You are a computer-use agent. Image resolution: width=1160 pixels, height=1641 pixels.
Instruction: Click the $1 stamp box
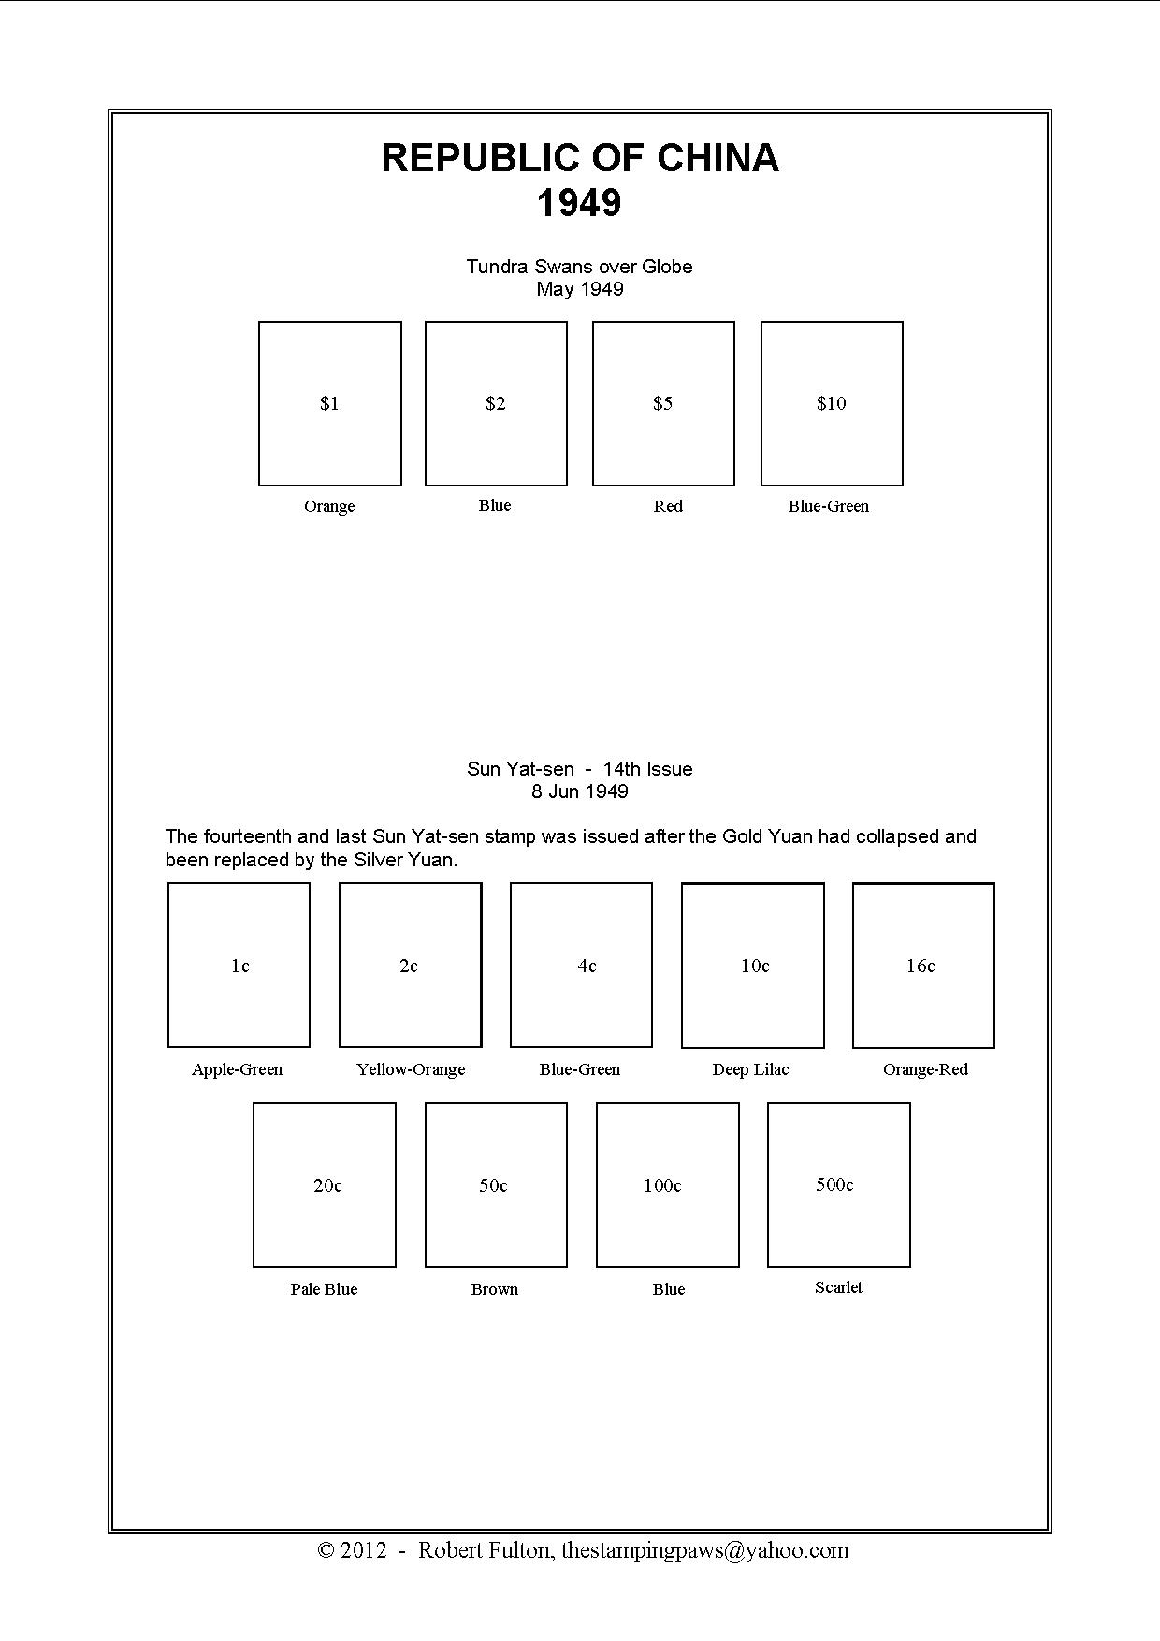click(x=330, y=403)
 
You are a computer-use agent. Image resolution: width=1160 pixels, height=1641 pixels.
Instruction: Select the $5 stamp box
click(x=663, y=403)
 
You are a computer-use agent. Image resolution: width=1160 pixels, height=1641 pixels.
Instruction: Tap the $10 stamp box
click(x=832, y=403)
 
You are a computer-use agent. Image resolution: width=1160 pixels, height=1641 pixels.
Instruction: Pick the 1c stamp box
click(x=239, y=965)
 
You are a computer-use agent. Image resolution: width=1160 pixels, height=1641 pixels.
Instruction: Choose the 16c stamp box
click(x=923, y=965)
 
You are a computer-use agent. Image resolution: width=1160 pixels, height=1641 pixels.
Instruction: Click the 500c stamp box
click(x=839, y=1184)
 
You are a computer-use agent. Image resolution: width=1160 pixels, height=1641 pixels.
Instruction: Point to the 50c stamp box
click(x=496, y=1184)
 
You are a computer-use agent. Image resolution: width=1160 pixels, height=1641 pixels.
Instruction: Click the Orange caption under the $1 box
click(x=329, y=506)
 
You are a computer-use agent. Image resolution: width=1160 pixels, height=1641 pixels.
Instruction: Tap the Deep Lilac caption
click(x=750, y=1069)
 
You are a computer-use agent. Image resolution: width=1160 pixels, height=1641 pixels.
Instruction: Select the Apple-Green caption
click(x=237, y=1069)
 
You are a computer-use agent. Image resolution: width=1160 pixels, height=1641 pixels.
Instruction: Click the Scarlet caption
click(x=838, y=1287)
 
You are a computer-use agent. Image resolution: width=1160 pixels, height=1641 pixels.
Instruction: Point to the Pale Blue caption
click(x=324, y=1289)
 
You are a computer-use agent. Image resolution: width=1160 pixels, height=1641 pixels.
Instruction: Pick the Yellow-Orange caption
click(x=411, y=1069)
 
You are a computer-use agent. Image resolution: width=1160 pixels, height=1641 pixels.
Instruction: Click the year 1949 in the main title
click(x=579, y=203)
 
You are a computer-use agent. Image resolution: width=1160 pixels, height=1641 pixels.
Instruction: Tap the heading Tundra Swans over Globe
click(x=579, y=267)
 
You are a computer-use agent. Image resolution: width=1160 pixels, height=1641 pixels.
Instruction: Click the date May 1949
click(x=579, y=289)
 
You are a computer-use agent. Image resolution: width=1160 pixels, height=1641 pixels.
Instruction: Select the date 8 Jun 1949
click(x=579, y=791)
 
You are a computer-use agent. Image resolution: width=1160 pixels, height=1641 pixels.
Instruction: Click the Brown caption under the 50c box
click(x=495, y=1289)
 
